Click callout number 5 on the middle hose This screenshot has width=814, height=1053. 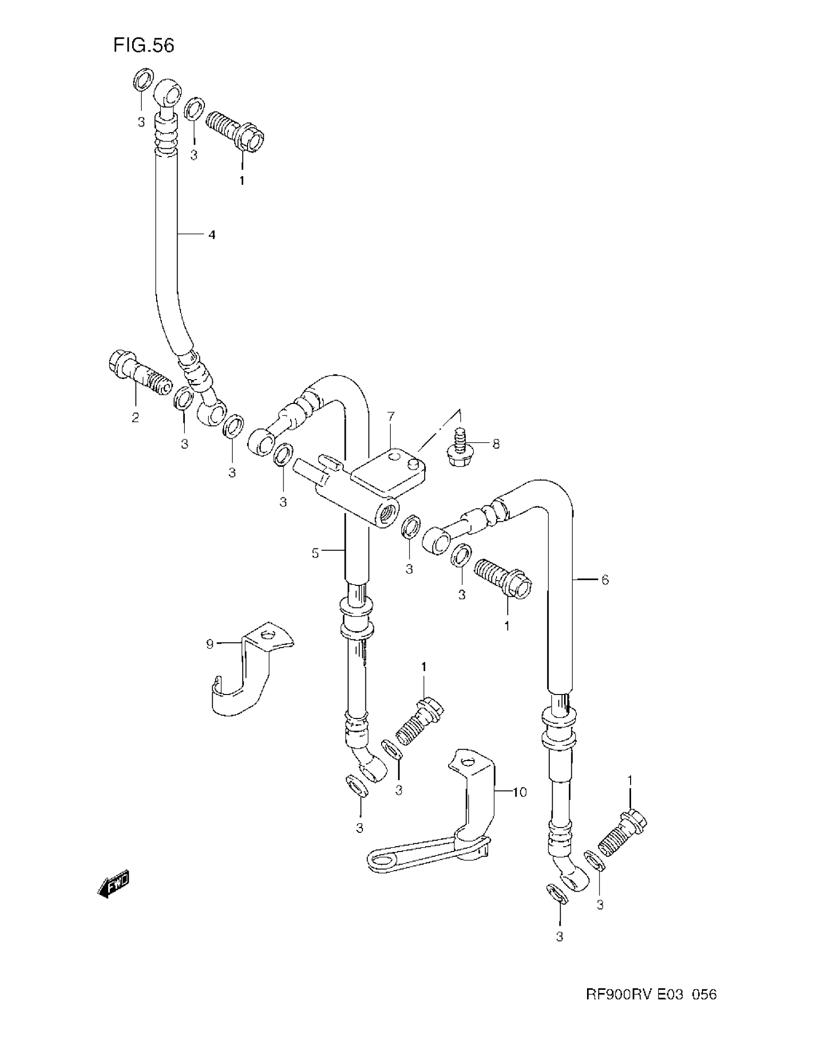point(316,553)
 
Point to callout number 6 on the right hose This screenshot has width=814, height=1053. point(605,580)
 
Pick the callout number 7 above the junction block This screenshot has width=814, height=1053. point(391,416)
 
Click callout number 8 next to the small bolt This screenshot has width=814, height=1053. point(496,444)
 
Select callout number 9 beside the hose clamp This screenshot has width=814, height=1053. point(210,644)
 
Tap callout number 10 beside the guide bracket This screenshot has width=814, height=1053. point(520,792)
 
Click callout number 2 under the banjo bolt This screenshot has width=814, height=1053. point(136,417)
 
